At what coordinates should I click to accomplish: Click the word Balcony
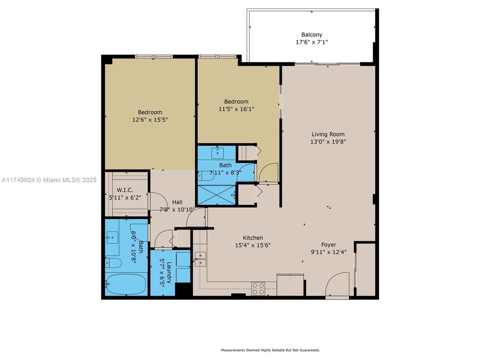coord(311,34)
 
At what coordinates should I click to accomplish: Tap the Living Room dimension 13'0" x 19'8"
coord(328,141)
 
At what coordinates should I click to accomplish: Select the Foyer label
coord(328,244)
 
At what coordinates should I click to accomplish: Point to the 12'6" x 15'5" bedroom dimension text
coord(150,120)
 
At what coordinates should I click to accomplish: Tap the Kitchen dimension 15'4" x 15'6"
coord(252,245)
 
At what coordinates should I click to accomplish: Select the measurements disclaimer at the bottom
coord(270,350)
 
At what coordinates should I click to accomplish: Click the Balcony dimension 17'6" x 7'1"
coord(311,42)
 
